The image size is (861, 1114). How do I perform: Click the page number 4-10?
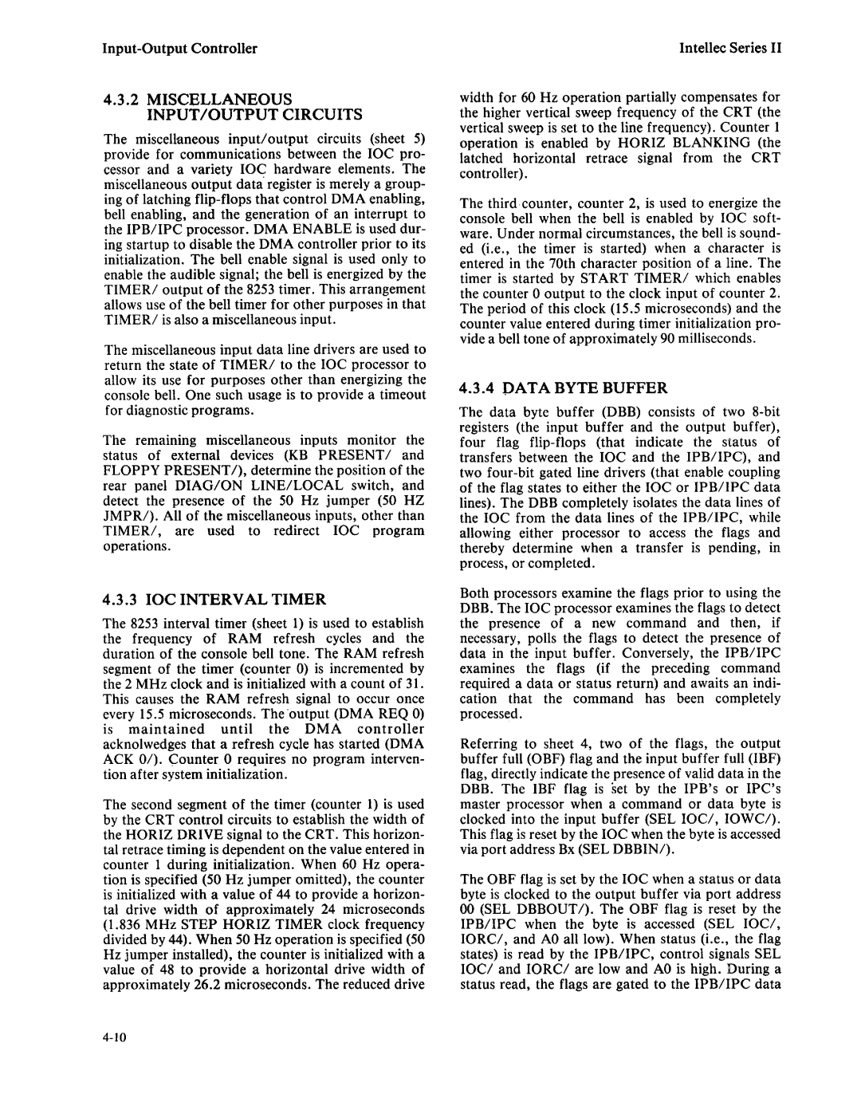coord(116,1037)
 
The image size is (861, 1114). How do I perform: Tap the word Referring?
coord(487,743)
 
